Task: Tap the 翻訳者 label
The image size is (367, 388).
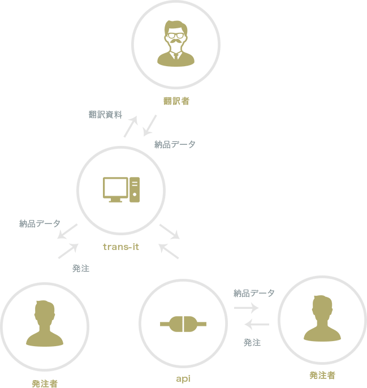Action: pyautogui.click(x=175, y=101)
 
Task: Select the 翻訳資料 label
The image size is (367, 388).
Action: pyautogui.click(x=105, y=114)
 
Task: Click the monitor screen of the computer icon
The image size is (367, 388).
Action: pyautogui.click(x=115, y=187)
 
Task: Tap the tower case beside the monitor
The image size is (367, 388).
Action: pyautogui.click(x=135, y=190)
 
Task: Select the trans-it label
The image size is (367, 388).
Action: pyautogui.click(x=121, y=247)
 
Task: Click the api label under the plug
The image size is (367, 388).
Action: pyautogui.click(x=183, y=377)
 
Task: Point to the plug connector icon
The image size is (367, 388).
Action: pyautogui.click(x=183, y=324)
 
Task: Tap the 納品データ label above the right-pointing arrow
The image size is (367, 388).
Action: pyautogui.click(x=254, y=293)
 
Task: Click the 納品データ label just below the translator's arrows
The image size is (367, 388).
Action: pyautogui.click(x=175, y=144)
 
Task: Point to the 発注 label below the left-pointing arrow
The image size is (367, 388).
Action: pyautogui.click(x=252, y=342)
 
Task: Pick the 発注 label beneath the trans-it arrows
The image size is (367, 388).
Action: pyautogui.click(x=81, y=269)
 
